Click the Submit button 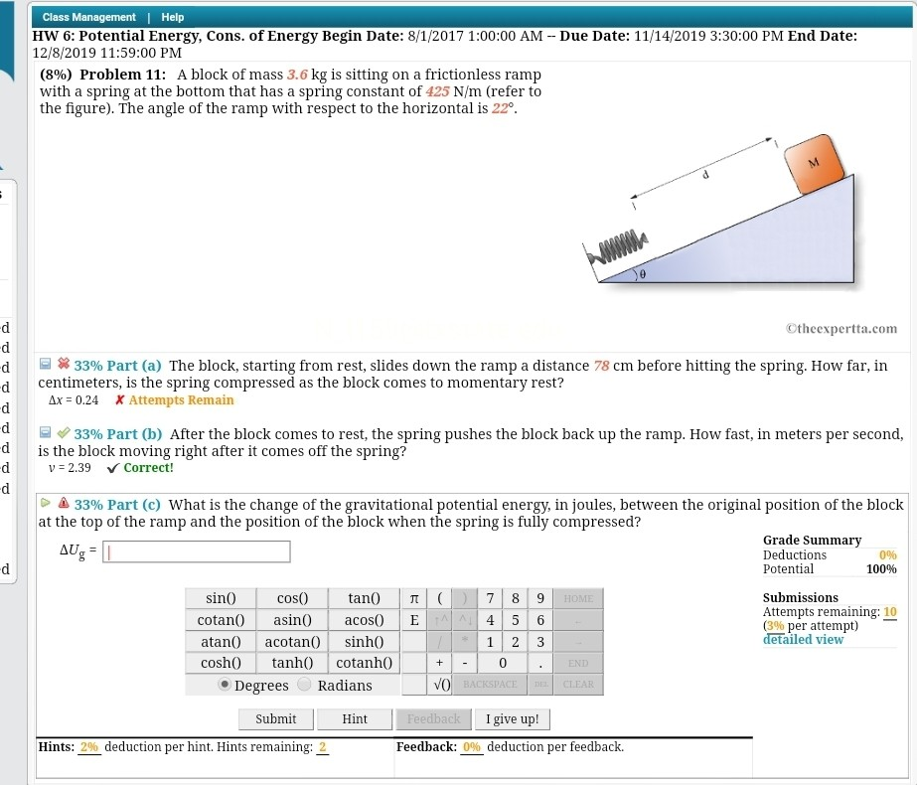[276, 719]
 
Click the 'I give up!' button [513, 719]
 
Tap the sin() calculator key [220, 598]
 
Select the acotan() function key [291, 642]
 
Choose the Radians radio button [304, 685]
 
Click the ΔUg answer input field [198, 551]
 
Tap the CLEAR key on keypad [577, 685]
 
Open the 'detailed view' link [803, 640]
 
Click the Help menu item [173, 17]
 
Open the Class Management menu [89, 17]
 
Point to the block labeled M [814, 163]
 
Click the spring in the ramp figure [618, 245]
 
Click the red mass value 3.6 [297, 75]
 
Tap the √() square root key [442, 685]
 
